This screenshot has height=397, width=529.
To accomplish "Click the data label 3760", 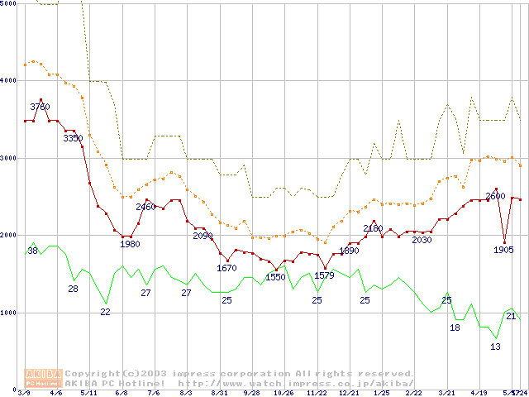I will click(x=40, y=107).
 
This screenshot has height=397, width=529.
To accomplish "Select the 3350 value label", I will click(x=73, y=138).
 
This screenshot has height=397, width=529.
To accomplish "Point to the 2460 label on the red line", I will click(x=145, y=207).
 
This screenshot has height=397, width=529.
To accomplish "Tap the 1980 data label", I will click(x=130, y=244).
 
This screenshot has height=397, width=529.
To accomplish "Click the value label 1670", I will click(x=226, y=268).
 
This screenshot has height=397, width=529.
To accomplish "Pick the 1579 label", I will click(x=324, y=275).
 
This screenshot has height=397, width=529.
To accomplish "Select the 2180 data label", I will click(x=373, y=228).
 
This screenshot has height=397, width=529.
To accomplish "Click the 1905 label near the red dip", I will click(x=504, y=249).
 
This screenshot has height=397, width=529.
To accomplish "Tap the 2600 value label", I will click(x=495, y=196).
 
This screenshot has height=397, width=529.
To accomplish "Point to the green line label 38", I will click(x=32, y=251).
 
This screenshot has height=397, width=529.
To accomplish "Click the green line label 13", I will click(x=495, y=347).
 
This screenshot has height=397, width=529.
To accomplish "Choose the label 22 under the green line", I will click(x=105, y=312).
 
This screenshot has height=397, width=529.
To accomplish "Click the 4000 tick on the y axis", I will click(x=9, y=81).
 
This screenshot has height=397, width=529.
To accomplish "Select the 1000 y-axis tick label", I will click(x=9, y=313).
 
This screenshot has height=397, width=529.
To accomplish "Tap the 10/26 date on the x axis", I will click(x=284, y=392).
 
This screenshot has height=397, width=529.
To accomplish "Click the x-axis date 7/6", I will click(x=154, y=392).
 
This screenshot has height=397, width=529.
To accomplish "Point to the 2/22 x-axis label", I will click(x=414, y=392).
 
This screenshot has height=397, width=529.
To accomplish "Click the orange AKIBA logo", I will click(x=44, y=377).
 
